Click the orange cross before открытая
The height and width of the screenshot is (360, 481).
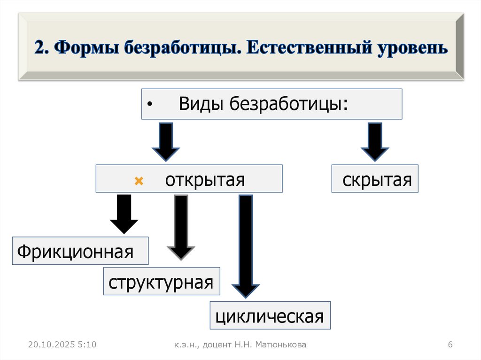138,181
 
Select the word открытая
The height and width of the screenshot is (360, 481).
205,180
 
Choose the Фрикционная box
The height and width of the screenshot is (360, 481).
76,251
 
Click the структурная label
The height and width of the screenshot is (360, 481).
161,283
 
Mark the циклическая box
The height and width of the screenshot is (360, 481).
270,315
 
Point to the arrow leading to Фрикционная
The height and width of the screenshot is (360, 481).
124,214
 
